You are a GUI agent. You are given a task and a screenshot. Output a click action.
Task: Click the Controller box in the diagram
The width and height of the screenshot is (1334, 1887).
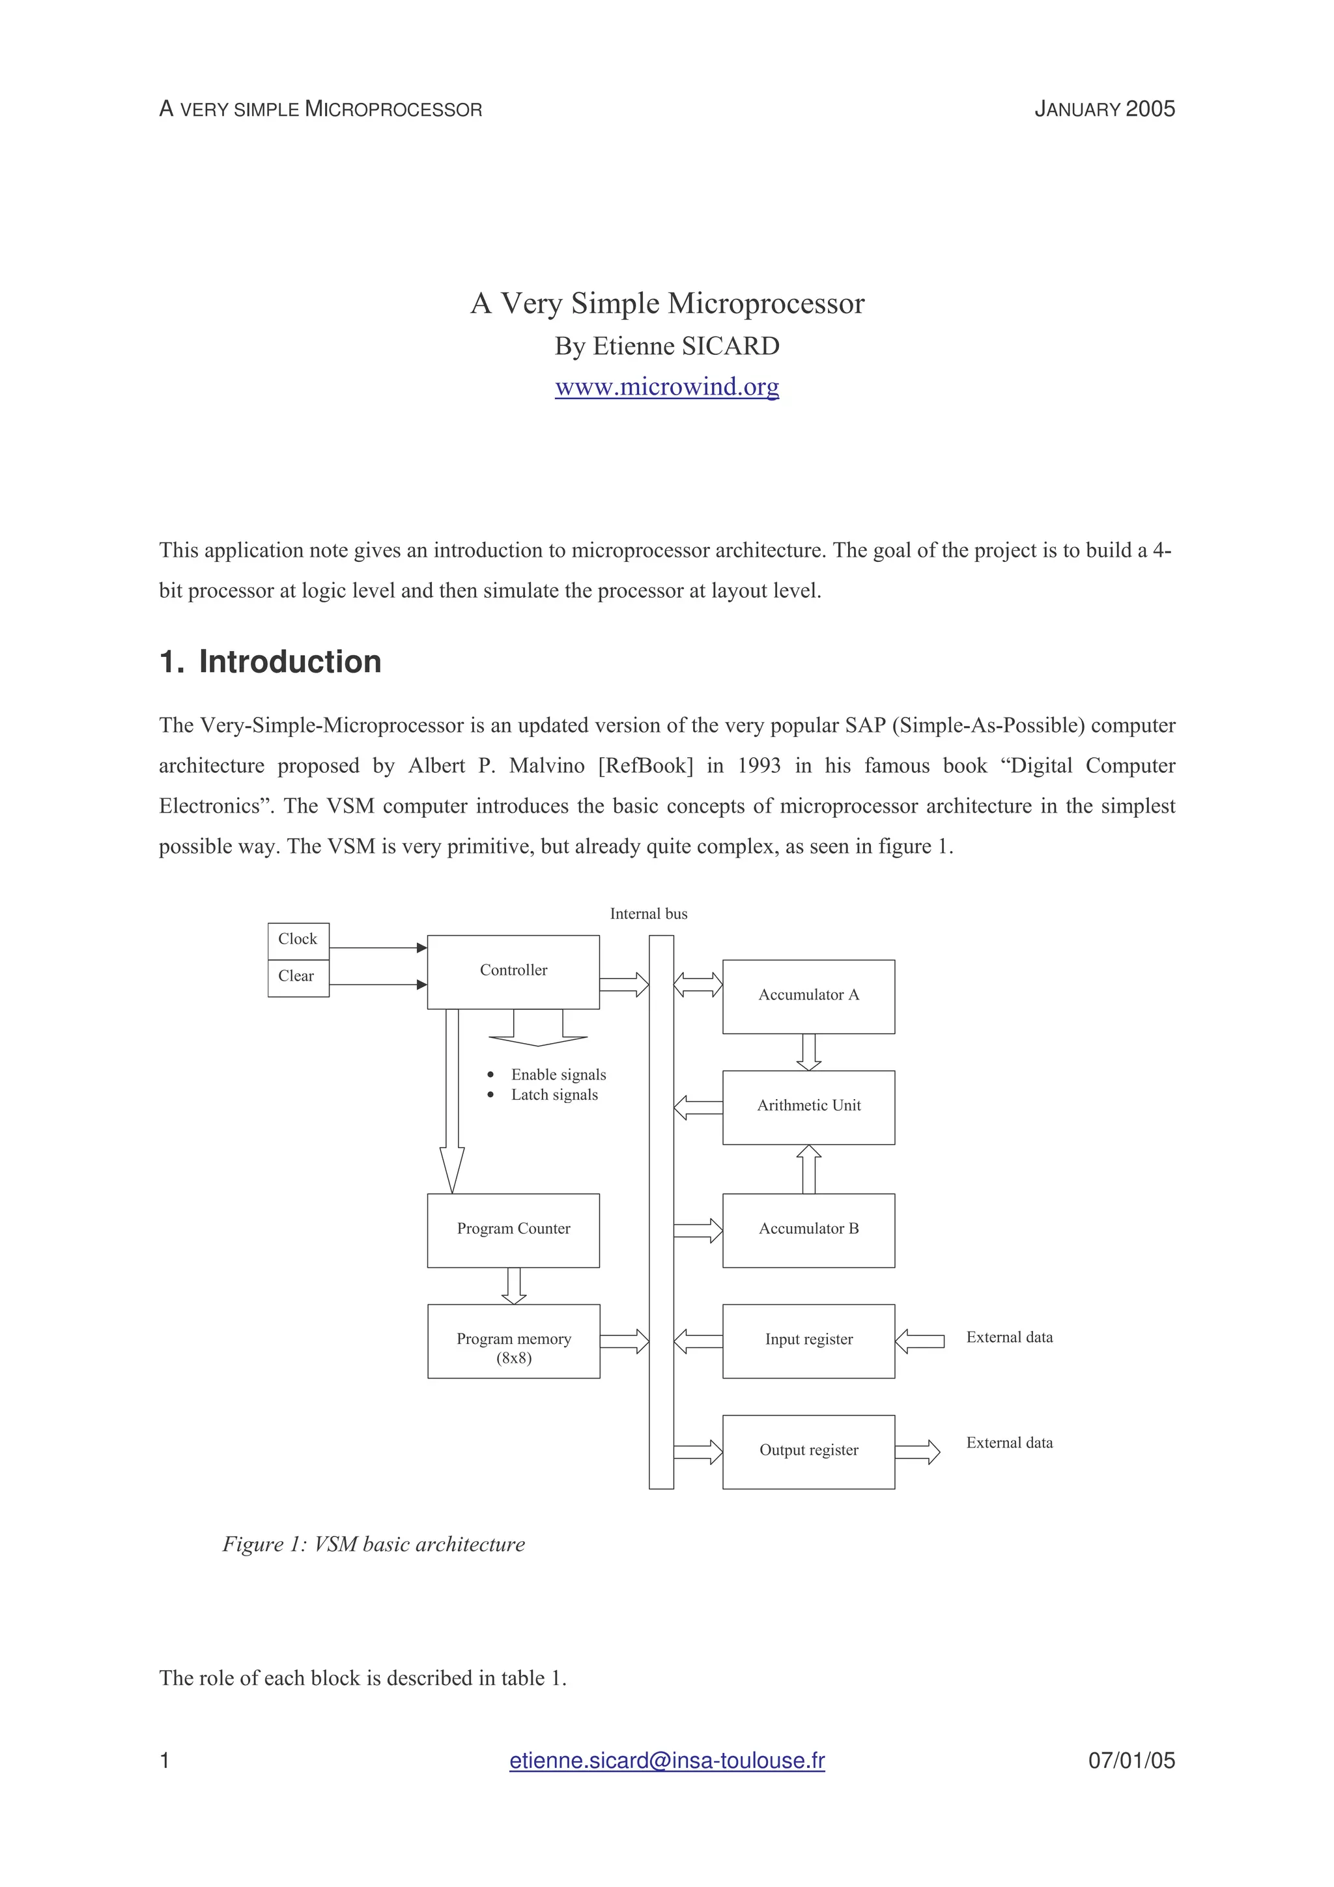(513, 971)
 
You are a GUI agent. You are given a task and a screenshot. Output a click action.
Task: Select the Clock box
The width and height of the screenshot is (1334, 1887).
(298, 940)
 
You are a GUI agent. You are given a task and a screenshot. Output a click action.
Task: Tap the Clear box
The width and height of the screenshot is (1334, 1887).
(298, 977)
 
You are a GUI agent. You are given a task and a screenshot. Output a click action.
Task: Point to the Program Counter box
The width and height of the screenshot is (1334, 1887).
(513, 1229)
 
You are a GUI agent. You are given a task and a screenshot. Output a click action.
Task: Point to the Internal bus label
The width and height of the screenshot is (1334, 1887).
(649, 914)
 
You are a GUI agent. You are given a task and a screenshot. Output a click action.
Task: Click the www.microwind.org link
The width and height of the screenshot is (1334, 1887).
(666, 386)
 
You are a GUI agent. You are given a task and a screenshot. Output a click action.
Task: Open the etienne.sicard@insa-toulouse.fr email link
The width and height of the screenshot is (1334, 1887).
(666, 1761)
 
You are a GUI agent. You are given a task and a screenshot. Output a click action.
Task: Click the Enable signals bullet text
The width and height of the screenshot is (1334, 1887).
(558, 1075)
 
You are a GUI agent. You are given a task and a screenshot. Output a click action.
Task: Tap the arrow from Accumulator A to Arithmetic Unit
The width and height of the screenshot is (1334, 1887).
(809, 1052)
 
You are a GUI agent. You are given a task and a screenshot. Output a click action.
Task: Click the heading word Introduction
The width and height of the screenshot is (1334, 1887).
(289, 662)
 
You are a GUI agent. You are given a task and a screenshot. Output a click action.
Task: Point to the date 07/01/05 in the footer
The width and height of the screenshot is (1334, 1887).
(1131, 1761)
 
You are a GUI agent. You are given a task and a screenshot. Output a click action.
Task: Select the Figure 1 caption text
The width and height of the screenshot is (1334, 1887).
(373, 1545)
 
